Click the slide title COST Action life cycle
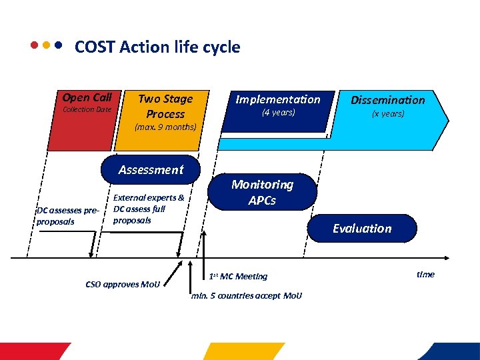157,47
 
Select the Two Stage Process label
165,106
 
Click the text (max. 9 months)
165,127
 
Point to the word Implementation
278,99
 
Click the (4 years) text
278,113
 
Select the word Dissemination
387,100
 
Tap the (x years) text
387,114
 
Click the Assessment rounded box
151,169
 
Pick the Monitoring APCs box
262,193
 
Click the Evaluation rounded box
362,228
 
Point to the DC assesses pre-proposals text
67,216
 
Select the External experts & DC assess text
149,209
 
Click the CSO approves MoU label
123,285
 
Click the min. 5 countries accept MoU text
246,295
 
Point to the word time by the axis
425,274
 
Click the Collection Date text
87,109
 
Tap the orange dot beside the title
46,47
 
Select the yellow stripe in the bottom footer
243,351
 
